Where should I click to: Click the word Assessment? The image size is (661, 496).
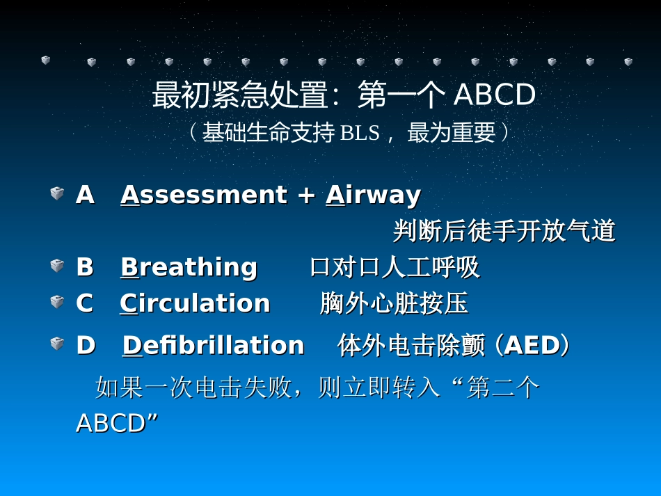[203, 195]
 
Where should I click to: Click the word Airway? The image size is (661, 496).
[373, 195]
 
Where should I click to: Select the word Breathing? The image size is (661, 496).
[189, 267]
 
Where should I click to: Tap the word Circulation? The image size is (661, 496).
[195, 303]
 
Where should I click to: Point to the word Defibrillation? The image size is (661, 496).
[213, 346]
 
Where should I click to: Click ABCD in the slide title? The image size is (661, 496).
[495, 96]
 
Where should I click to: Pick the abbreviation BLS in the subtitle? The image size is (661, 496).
[360, 133]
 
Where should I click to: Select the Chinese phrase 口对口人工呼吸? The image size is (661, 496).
[395, 267]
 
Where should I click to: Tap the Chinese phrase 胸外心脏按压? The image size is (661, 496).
[394, 303]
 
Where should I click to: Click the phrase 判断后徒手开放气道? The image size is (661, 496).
[504, 231]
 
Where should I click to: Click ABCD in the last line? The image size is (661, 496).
[111, 423]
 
